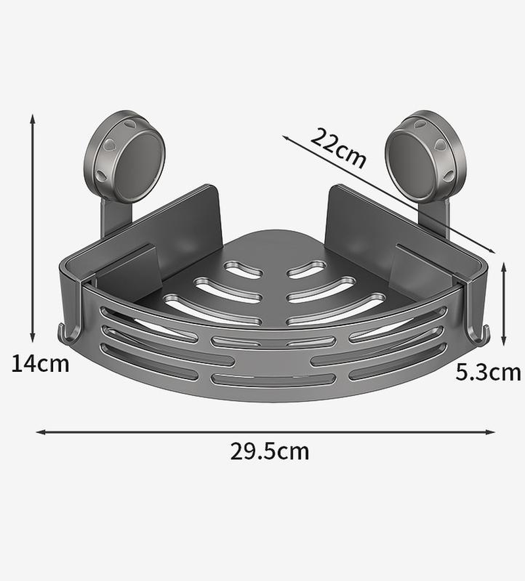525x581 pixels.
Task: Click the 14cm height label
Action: coord(40,363)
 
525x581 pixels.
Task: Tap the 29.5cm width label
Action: coord(269,451)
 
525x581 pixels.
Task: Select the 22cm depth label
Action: coord(337,148)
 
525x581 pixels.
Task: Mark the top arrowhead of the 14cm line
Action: coord(32,117)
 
